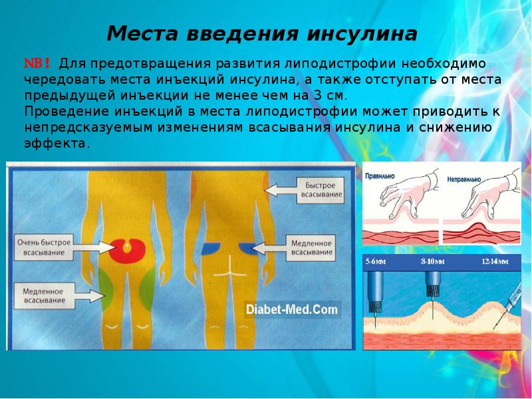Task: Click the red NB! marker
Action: coord(37,63)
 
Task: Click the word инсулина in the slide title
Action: coord(362,34)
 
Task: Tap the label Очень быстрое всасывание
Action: coord(44,247)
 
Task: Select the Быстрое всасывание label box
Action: coord(321,190)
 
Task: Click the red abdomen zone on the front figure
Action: coord(127,251)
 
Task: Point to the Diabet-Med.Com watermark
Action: coord(292,309)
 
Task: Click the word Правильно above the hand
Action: coord(380,176)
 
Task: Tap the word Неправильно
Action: coord(464,179)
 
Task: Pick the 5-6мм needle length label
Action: coord(376,261)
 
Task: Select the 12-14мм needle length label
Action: coord(495,261)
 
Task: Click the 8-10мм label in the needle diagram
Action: coord(433,261)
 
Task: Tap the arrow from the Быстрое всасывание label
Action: coord(281,190)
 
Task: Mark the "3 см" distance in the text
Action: coord(328,96)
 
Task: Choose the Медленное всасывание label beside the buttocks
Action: coord(311,247)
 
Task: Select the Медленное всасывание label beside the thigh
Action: coord(44,296)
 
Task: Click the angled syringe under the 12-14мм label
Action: coord(508,305)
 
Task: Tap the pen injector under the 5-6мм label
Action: coord(376,295)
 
